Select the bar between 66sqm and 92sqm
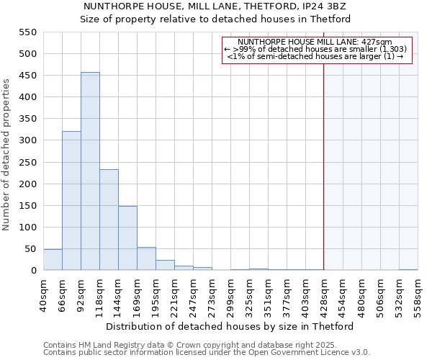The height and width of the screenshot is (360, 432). click(71, 201)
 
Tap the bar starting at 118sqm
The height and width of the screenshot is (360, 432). click(109, 220)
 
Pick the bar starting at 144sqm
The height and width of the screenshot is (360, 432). click(127, 238)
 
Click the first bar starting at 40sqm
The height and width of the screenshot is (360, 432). click(53, 260)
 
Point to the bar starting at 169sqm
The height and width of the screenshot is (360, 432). click(146, 259)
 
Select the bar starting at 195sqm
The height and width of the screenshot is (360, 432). click(165, 265)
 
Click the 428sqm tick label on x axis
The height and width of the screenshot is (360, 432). click(324, 294)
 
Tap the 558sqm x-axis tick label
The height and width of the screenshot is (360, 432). click(418, 294)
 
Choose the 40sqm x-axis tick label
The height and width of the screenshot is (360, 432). click(43, 294)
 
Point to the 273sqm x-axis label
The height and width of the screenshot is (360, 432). click(212, 294)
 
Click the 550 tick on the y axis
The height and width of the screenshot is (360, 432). click(27, 32)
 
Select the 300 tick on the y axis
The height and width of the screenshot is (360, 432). click(27, 140)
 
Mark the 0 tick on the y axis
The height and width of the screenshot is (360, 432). click(33, 271)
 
